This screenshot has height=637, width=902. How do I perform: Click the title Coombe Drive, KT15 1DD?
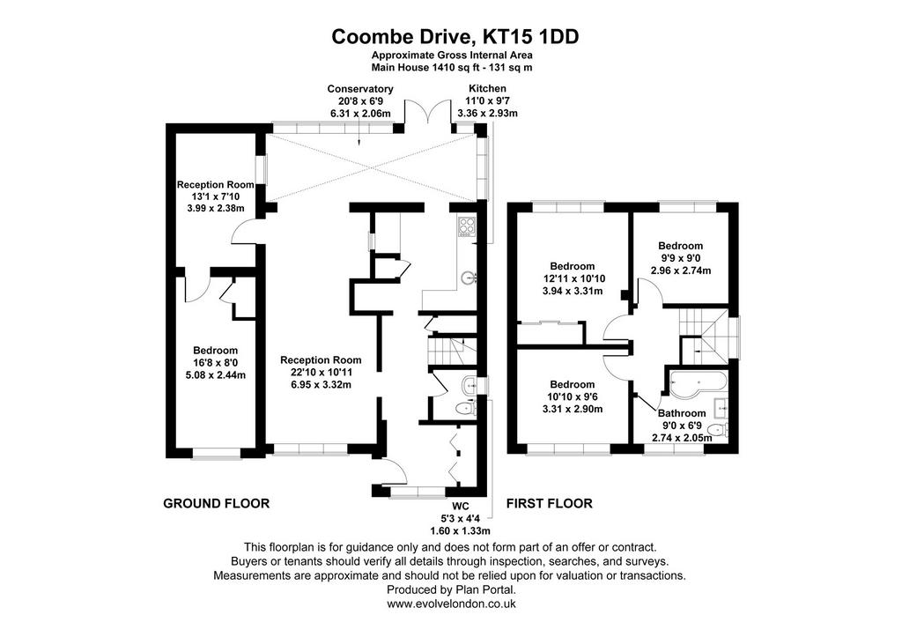[x=455, y=37]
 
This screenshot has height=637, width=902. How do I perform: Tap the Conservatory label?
[x=360, y=89]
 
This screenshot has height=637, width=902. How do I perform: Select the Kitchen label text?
[x=487, y=89]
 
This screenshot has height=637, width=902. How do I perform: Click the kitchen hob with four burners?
[x=466, y=226]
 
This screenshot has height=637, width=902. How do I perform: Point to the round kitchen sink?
[x=468, y=278]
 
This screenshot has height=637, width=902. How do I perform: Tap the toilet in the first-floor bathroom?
[x=717, y=429]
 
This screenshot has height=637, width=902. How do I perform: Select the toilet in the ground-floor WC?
[x=465, y=409]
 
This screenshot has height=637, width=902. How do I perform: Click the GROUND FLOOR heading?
[x=217, y=503]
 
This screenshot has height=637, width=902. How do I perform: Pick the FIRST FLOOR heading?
[x=550, y=503]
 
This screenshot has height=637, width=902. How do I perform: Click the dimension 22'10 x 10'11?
[x=321, y=373]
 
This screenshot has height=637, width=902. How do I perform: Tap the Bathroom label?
[x=682, y=413]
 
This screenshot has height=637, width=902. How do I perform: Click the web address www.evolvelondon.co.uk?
[x=451, y=604]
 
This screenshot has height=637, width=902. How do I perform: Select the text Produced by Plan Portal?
[x=451, y=589]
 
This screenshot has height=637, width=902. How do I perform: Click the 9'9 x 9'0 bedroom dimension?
[x=681, y=258]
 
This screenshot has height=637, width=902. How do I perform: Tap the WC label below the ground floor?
[x=460, y=507]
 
